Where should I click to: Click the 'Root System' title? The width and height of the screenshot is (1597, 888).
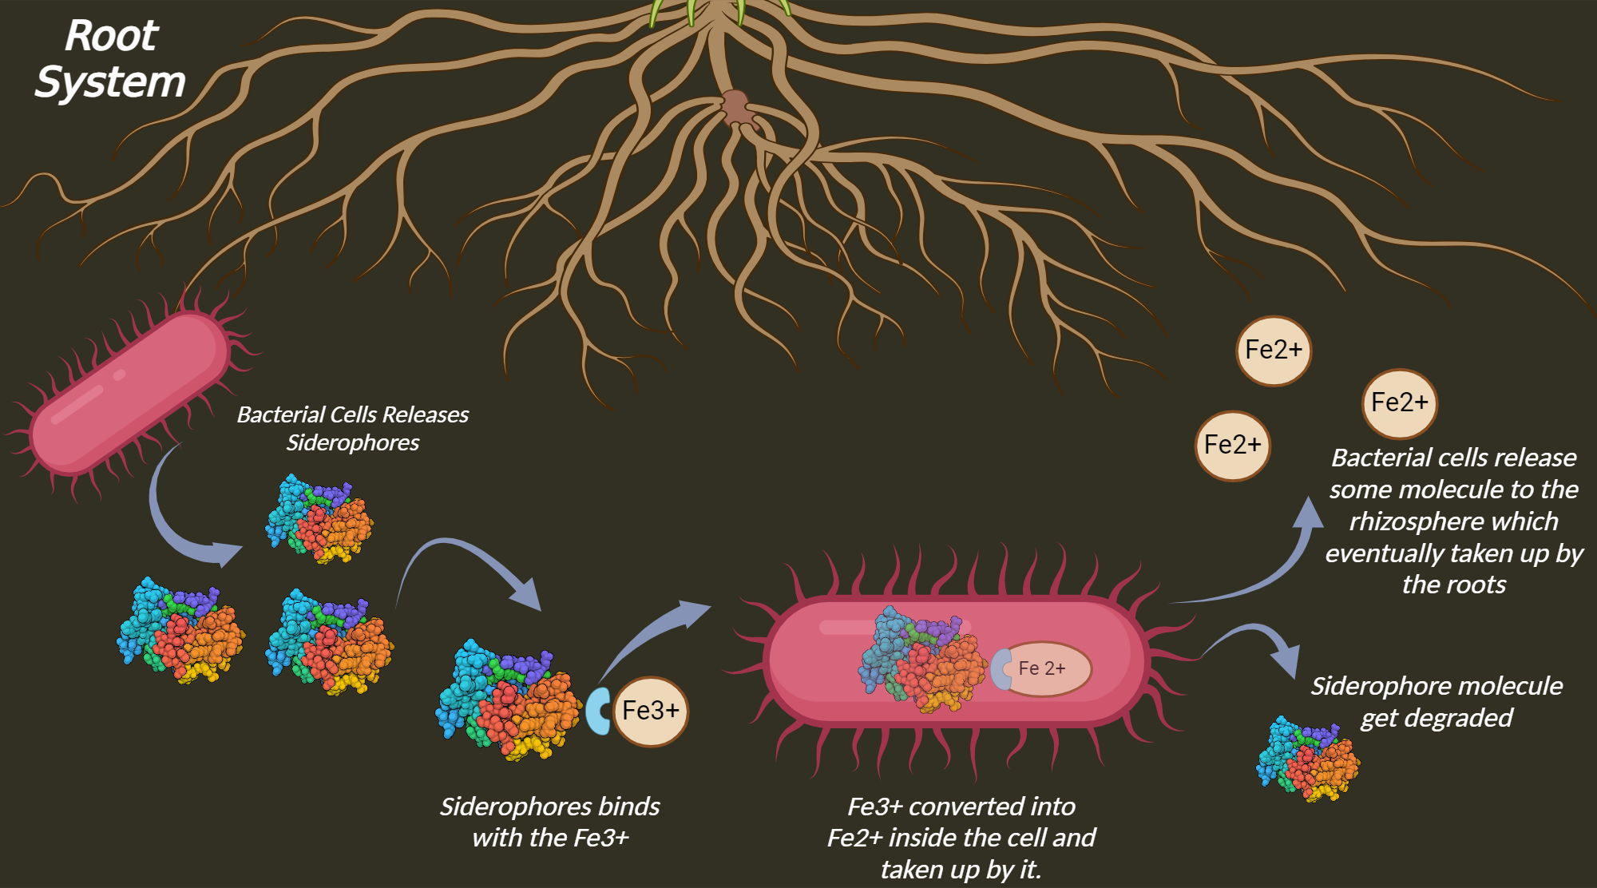(110, 59)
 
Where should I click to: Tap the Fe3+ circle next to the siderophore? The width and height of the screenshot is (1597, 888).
(651, 711)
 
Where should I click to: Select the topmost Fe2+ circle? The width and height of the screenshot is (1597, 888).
(1274, 351)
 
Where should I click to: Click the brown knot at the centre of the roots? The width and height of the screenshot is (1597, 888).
(736, 108)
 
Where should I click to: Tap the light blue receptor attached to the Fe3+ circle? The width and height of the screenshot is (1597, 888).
(597, 711)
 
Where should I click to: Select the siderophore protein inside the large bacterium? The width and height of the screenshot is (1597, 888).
(922, 659)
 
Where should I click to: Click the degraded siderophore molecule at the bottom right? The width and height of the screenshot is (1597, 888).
(1308, 759)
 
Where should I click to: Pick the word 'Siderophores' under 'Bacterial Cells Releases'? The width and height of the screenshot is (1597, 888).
(352, 443)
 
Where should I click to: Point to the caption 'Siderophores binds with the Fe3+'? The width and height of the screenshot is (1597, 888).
(550, 822)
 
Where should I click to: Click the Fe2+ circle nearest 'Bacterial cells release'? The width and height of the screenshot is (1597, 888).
(1400, 403)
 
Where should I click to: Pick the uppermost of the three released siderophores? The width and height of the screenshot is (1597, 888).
(319, 519)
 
